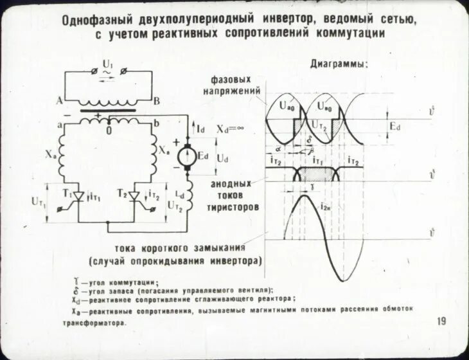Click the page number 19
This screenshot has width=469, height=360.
click(x=441, y=321)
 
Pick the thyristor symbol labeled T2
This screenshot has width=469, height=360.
click(x=136, y=195)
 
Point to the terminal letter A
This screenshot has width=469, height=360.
click(x=59, y=101)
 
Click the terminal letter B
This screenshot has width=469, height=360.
click(x=157, y=101)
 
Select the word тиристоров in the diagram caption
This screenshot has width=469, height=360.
click(x=233, y=208)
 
